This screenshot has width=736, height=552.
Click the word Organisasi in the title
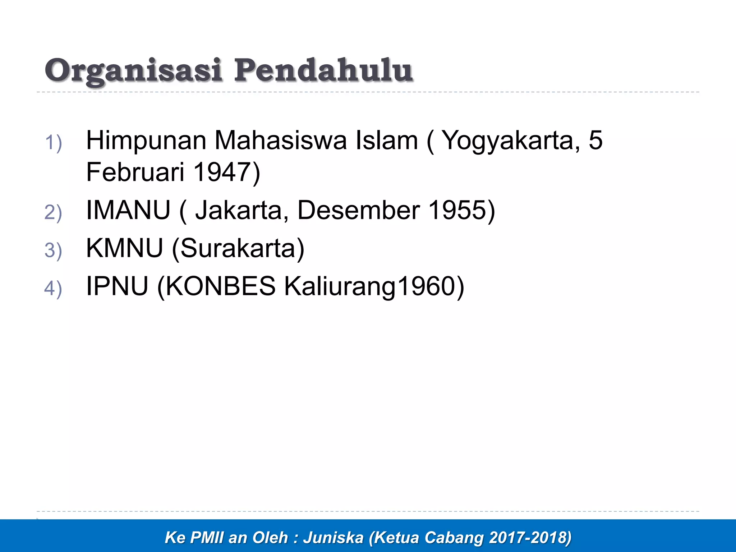coord(133,71)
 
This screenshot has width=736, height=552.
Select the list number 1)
coord(53,143)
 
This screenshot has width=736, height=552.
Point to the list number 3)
coord(53,250)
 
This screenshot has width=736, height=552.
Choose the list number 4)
coord(53,288)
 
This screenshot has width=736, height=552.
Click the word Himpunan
coord(146,141)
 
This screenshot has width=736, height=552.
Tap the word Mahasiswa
coord(280,141)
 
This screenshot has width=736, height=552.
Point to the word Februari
coord(135,172)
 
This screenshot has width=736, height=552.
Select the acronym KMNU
coord(124,248)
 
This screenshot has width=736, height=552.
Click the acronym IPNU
coord(117,286)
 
